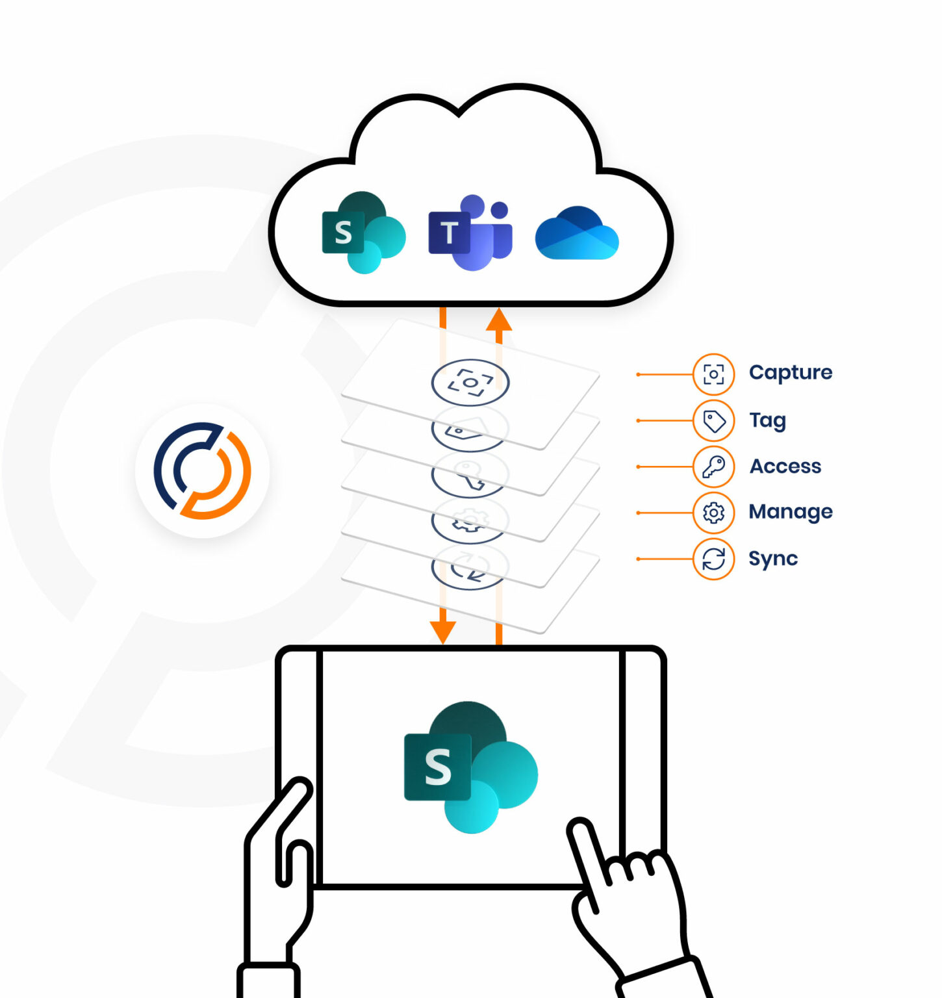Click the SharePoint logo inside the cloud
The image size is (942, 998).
click(x=363, y=233)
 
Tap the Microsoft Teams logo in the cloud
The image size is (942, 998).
click(x=470, y=233)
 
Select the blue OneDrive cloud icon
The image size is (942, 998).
click(x=576, y=234)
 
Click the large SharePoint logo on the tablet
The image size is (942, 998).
click(x=470, y=767)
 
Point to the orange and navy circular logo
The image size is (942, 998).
click(x=202, y=470)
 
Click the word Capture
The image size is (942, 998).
click(x=790, y=373)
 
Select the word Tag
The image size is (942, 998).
click(x=767, y=420)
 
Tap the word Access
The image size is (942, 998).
click(x=785, y=467)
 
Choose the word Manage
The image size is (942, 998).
click(x=790, y=512)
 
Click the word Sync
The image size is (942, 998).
click(x=772, y=559)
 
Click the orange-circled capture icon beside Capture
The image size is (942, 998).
click(x=713, y=374)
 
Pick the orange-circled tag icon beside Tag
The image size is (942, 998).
click(x=713, y=421)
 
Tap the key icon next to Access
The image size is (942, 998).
click(x=713, y=467)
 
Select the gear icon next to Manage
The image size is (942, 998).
click(x=713, y=513)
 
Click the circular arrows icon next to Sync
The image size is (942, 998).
click(x=713, y=559)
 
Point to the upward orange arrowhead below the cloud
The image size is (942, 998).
click(x=499, y=320)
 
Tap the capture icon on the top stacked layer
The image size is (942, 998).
click(x=470, y=382)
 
